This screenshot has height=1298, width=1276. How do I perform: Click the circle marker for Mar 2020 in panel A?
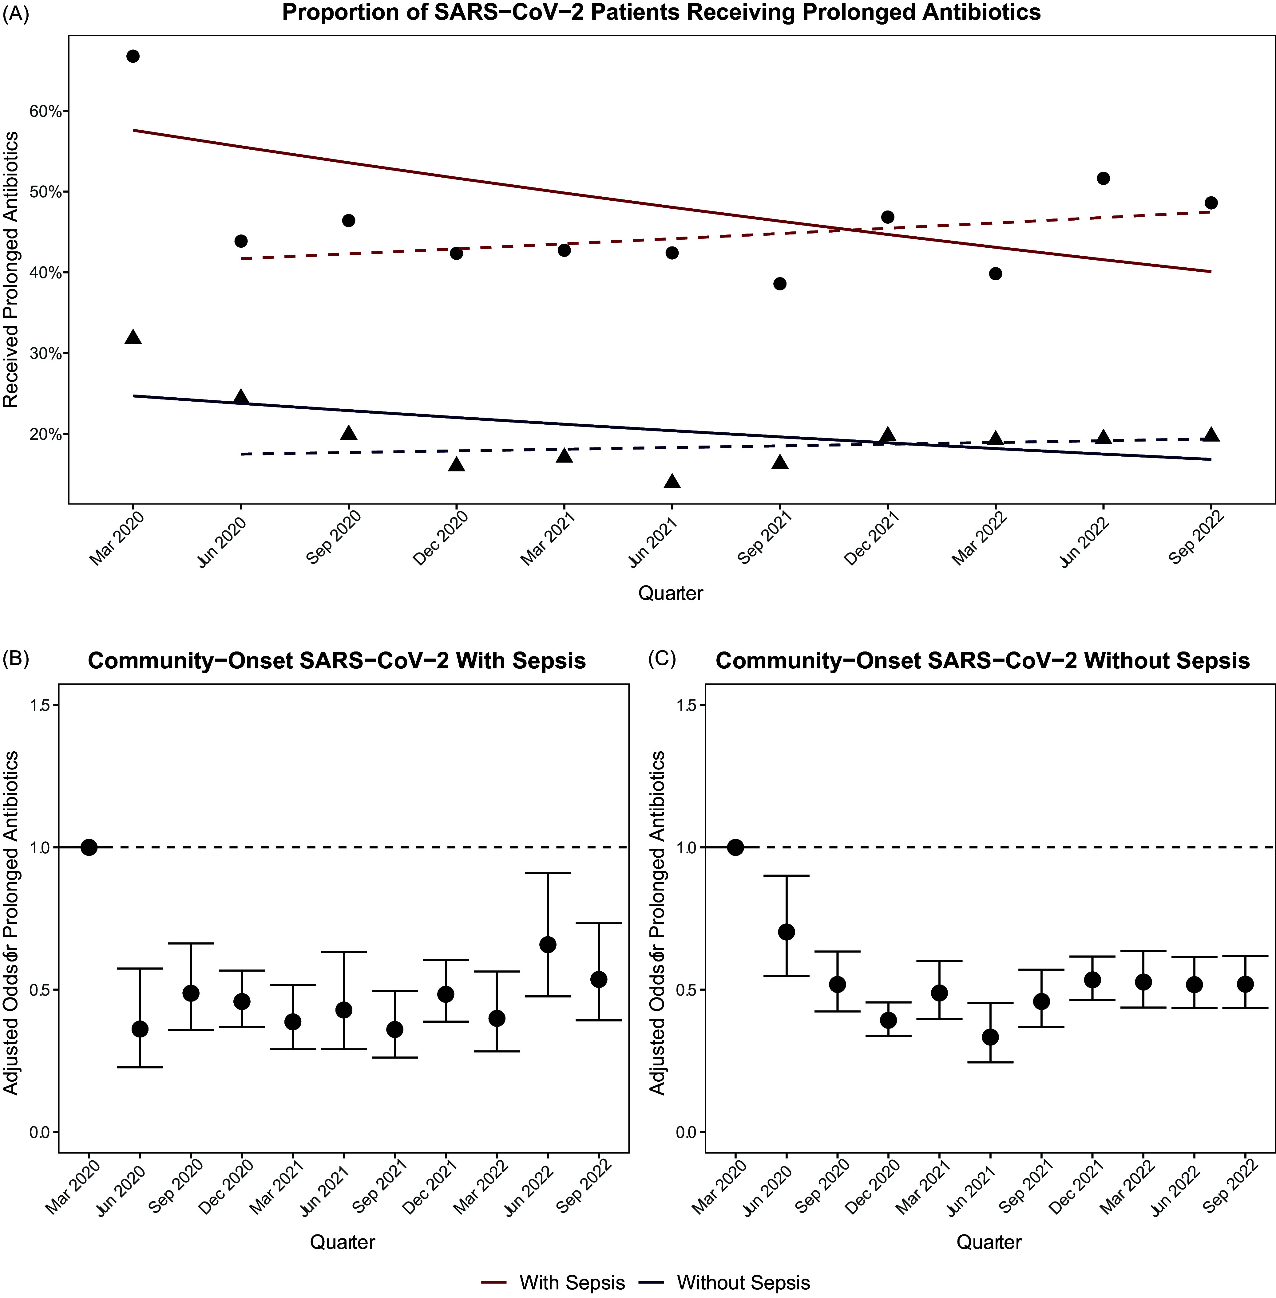(133, 56)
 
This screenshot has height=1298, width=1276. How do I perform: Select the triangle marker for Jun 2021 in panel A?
(672, 481)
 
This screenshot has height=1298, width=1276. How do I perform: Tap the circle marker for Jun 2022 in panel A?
(1103, 178)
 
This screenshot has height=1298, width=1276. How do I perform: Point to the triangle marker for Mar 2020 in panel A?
(133, 336)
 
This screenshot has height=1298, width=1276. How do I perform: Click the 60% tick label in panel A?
(45, 111)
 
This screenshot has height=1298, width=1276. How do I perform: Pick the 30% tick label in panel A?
(45, 354)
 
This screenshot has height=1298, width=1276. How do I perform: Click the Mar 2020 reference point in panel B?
(89, 847)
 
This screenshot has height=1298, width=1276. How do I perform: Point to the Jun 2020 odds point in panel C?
(786, 932)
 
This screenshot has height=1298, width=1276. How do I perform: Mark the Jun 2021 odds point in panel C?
(990, 1037)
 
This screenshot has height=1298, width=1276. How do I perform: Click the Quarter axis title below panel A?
(671, 593)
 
